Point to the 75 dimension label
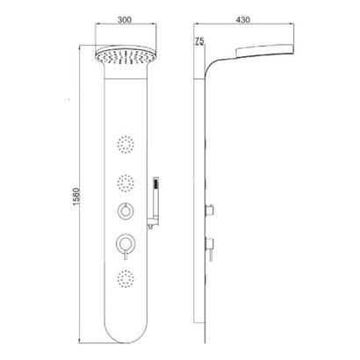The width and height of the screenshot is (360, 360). click(x=199, y=41)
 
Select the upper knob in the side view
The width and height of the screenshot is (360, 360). click(x=211, y=208)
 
